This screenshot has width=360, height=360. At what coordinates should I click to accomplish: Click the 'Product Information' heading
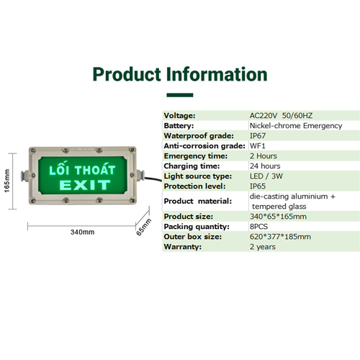180,75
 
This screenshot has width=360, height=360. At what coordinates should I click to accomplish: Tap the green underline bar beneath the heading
180,95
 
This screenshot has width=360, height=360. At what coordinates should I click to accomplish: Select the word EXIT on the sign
85,185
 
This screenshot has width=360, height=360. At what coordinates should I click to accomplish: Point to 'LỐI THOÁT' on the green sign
82,168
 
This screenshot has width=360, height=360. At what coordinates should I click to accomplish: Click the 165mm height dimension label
7,181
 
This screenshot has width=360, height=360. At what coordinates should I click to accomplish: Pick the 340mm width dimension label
82,232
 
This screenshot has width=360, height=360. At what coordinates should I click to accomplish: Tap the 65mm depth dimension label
143,227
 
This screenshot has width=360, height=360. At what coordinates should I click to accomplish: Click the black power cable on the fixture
153,179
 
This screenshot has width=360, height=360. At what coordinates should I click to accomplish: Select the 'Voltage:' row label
179,116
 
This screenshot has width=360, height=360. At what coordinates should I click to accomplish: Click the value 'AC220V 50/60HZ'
281,116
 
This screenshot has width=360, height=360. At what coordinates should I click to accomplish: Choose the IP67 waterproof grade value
258,136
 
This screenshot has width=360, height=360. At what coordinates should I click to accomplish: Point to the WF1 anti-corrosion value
258,146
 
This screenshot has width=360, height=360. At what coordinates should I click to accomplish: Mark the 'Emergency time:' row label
196,156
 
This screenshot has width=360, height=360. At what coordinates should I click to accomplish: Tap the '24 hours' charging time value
265,166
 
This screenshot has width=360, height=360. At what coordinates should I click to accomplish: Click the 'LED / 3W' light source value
266,176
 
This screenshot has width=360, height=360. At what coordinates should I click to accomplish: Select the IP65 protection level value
258,186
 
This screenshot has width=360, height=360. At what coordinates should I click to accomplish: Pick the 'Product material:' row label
198,201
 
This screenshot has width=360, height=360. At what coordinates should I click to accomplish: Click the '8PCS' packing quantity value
258,227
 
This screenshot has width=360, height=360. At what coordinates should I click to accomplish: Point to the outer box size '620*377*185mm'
280,237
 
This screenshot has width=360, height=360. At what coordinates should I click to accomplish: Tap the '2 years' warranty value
263,247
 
